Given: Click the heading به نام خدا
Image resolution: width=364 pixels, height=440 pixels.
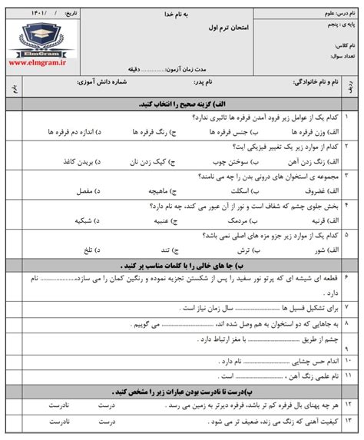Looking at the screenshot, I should (x=173, y=15).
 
